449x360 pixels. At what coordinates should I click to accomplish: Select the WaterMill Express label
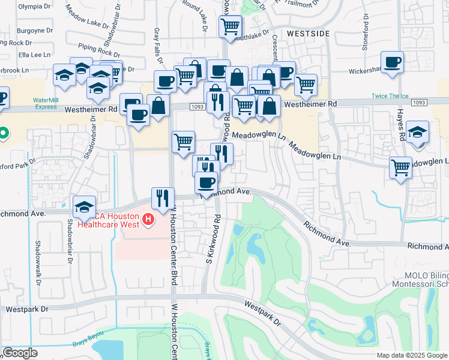pos(50,103)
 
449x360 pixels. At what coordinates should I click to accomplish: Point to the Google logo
pos(20,353)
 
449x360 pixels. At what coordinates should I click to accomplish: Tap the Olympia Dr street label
pos(35,6)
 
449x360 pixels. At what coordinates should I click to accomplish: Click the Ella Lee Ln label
pos(33,55)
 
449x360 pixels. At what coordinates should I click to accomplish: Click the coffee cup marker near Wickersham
pos(392,62)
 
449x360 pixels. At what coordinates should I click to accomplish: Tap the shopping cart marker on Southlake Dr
pos(230,26)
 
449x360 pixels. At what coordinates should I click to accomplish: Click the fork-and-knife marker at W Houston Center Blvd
pos(163,197)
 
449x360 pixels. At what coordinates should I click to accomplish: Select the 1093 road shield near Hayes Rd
pos(419,103)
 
